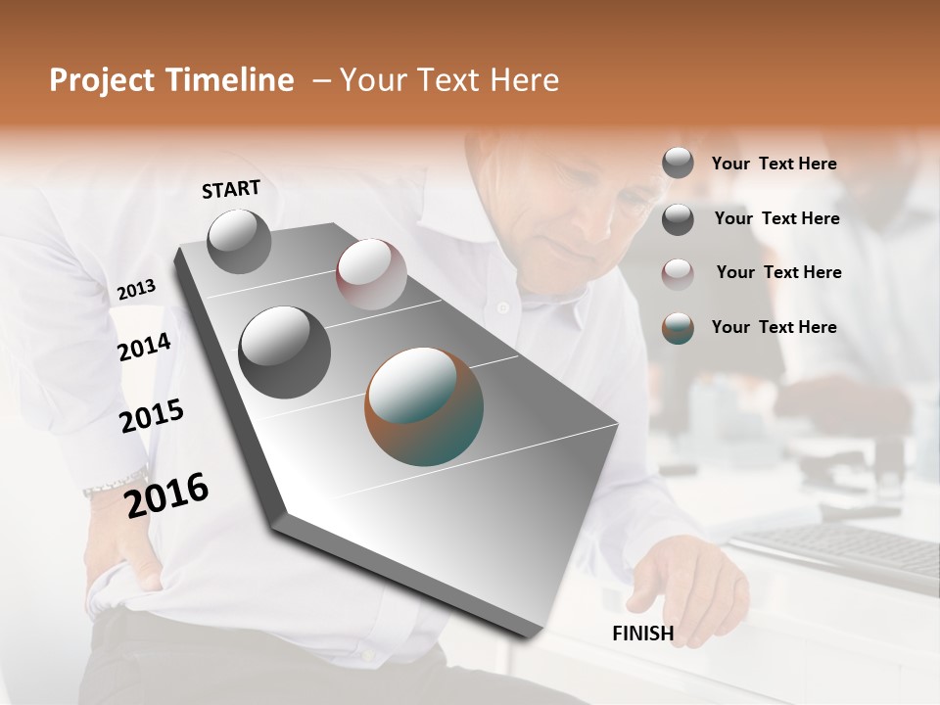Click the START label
[x=231, y=189]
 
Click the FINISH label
[x=642, y=634]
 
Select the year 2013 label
[x=136, y=290]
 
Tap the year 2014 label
[x=144, y=347]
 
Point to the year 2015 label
[x=152, y=416]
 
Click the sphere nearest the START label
[x=239, y=241]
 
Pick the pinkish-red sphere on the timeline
[x=371, y=274]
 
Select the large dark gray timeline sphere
[x=284, y=352]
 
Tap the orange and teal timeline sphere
[x=424, y=406]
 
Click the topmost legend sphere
[x=678, y=164]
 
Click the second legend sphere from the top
[x=678, y=219]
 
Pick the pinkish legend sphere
[x=678, y=273]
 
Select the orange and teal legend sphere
[x=678, y=328]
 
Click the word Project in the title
[x=103, y=81]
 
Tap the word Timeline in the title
[x=236, y=80]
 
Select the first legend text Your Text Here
[x=774, y=164]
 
